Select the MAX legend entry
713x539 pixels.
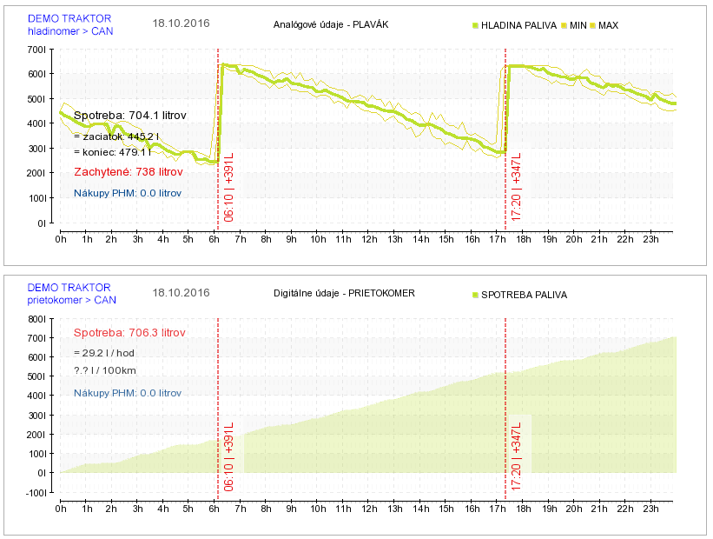[608, 26]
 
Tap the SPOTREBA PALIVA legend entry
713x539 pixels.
[524, 295]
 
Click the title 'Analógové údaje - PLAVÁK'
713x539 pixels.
[330, 24]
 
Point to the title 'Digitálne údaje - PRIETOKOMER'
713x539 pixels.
[344, 293]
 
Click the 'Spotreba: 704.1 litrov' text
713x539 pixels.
[129, 115]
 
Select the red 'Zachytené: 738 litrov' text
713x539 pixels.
[128, 172]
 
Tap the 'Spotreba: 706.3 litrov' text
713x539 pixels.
[129, 333]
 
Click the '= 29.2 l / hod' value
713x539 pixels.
[103, 352]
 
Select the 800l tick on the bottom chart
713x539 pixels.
[36, 319]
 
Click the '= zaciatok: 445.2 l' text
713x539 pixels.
[116, 136]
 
